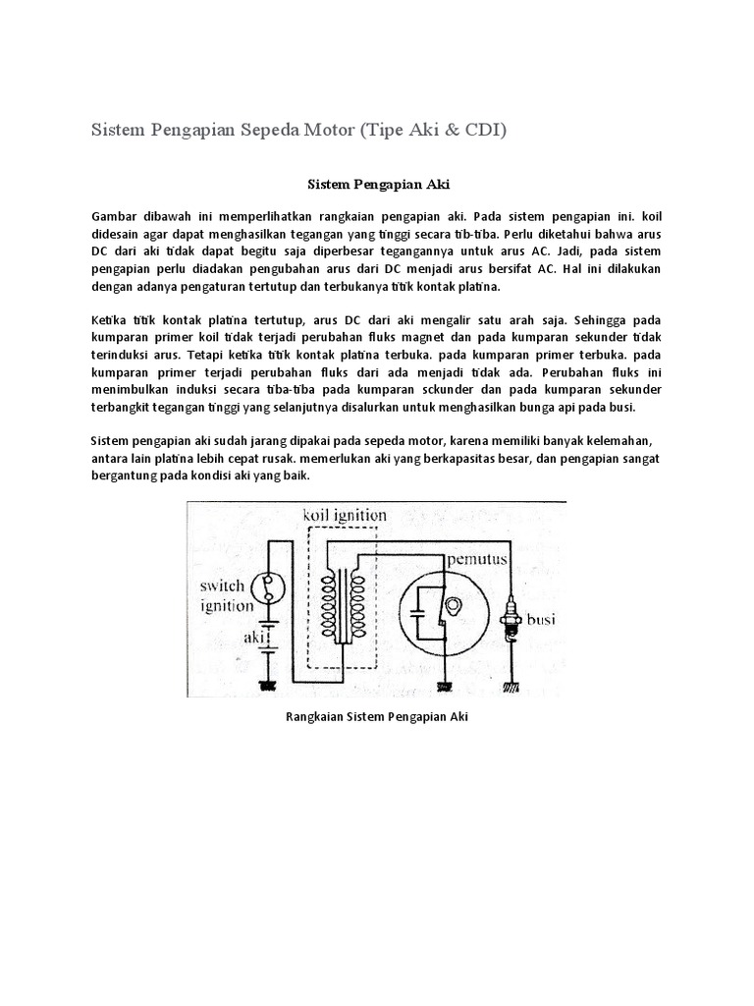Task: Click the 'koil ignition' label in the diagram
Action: pyautogui.click(x=344, y=515)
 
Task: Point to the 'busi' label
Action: pyautogui.click(x=542, y=621)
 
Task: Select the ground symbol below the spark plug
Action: pyautogui.click(x=512, y=685)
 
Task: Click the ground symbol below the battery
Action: pyautogui.click(x=267, y=684)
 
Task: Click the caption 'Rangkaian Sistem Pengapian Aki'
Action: pyautogui.click(x=377, y=717)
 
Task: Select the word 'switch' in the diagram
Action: pyautogui.click(x=225, y=587)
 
